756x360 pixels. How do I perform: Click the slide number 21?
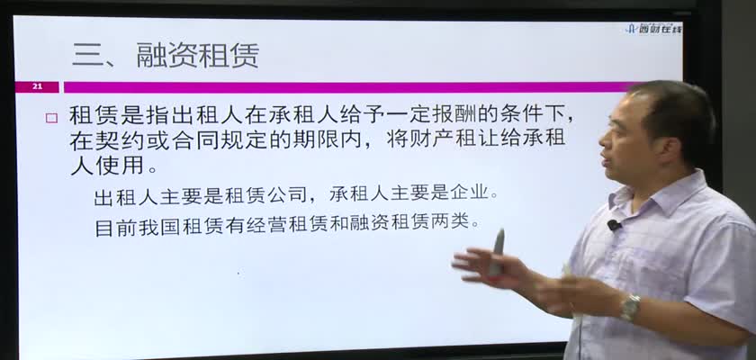point(37,87)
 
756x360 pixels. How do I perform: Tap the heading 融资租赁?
point(198,55)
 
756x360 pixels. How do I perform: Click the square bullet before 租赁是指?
point(51,118)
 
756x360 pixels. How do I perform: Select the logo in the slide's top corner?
point(654,29)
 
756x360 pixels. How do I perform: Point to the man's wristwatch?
point(630,307)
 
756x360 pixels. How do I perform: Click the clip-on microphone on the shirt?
point(614,225)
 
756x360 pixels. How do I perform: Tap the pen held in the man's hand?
point(496,253)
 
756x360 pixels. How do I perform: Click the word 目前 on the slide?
point(114,226)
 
